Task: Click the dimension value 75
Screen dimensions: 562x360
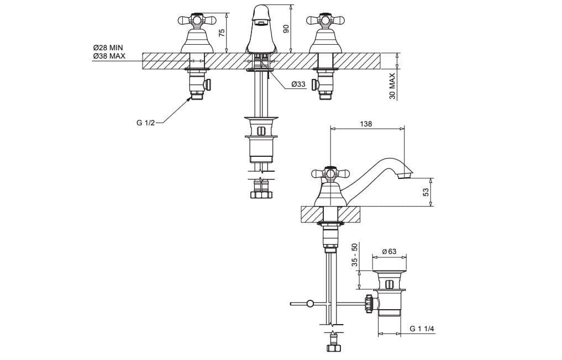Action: point(222,32)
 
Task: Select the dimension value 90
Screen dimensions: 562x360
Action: point(286,29)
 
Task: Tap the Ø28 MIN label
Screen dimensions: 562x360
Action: point(108,47)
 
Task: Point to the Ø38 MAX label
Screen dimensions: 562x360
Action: point(109,56)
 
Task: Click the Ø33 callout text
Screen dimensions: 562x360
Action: point(298,84)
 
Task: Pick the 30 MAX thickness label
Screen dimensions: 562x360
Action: point(392,86)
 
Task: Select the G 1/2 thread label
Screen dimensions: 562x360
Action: point(145,123)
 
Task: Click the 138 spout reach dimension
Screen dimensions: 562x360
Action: point(366,124)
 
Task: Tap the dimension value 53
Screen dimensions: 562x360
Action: point(426,192)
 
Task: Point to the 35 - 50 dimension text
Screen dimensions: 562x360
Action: point(354,255)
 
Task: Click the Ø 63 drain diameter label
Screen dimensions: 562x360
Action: point(389,251)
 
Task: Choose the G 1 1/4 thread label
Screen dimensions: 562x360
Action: point(422,329)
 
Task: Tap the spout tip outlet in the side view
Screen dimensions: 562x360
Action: point(405,176)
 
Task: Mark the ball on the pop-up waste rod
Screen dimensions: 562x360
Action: point(309,304)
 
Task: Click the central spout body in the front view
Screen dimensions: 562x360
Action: point(261,29)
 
